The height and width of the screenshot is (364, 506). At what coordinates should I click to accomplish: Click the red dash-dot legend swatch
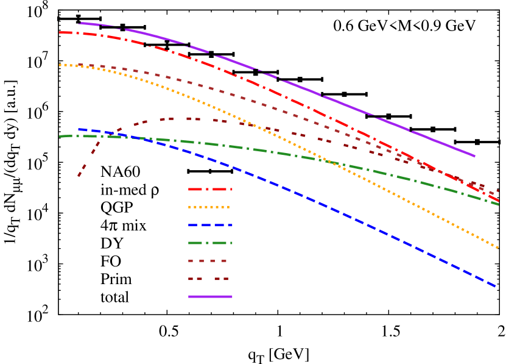210,190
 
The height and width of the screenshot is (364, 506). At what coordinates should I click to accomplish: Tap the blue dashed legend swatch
210,225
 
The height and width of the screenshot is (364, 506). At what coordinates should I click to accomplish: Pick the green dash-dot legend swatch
210,243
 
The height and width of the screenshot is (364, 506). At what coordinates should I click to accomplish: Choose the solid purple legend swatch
210,296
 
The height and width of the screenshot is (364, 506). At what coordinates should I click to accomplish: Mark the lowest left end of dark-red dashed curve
79,176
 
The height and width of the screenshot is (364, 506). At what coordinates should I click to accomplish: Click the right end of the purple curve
474,156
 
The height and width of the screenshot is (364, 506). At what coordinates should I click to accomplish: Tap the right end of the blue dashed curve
496,286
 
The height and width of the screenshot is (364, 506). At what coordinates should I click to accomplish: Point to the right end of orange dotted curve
499,248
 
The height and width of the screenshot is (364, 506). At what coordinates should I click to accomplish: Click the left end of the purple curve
79,23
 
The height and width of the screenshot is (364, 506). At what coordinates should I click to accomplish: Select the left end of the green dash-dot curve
60,136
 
